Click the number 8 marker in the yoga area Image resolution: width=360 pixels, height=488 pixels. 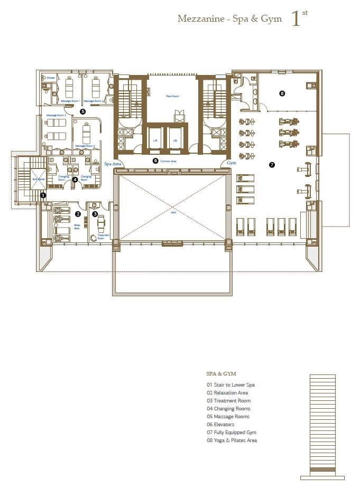pyautogui.click(x=282, y=93)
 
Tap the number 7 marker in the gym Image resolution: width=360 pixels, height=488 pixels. pyautogui.click(x=272, y=165)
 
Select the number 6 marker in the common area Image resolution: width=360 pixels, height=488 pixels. pyautogui.click(x=155, y=160)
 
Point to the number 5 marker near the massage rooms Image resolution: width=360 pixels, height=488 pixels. pyautogui.click(x=82, y=111)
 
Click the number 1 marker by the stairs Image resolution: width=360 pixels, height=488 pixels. pyautogui.click(x=43, y=195)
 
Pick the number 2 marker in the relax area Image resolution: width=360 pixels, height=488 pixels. pyautogui.click(x=78, y=214)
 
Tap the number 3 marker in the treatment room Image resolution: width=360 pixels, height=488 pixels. pyautogui.click(x=95, y=214)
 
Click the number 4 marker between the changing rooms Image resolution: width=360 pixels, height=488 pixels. pyautogui.click(x=75, y=180)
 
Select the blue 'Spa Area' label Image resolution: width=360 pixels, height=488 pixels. pyautogui.click(x=113, y=164)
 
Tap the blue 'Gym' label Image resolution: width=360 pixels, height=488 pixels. pyautogui.click(x=232, y=164)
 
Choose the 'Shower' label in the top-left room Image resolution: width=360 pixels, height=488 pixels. pyautogui.click(x=51, y=78)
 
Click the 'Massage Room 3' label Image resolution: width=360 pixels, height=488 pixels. pyautogui.click(x=56, y=115)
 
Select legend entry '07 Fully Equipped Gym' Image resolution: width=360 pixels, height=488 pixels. pyautogui.click(x=232, y=433)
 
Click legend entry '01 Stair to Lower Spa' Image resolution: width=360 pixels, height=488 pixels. pyautogui.click(x=230, y=385)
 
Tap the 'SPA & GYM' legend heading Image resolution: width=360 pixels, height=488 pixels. pyautogui.click(x=221, y=373)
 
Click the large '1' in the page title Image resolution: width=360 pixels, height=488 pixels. pyautogui.click(x=297, y=19)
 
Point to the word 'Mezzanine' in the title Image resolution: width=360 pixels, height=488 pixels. pyautogui.click(x=196, y=19)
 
